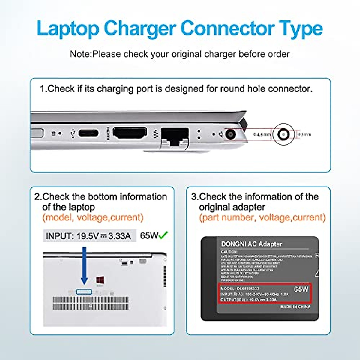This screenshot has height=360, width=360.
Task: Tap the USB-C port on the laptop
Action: click(x=88, y=133)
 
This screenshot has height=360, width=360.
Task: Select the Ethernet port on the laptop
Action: click(x=175, y=136)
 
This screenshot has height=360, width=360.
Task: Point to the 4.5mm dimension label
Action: click(x=262, y=134)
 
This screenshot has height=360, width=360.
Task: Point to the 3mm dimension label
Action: click(x=305, y=134)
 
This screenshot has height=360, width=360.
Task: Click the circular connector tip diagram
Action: click(x=283, y=134)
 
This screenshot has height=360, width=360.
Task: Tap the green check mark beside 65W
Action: click(x=163, y=235)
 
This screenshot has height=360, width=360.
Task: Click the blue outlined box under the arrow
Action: click(x=84, y=292)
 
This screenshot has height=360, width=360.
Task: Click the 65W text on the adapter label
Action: click(x=301, y=289)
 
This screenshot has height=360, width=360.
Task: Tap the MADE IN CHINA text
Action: click(x=295, y=307)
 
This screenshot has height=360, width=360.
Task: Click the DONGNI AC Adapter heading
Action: click(x=251, y=244)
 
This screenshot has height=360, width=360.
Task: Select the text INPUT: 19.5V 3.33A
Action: click(x=88, y=236)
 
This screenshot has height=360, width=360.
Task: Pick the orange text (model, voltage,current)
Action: click(x=93, y=217)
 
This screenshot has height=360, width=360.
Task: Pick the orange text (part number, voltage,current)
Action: click(x=262, y=217)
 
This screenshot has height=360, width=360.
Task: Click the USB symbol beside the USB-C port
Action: click(x=72, y=133)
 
